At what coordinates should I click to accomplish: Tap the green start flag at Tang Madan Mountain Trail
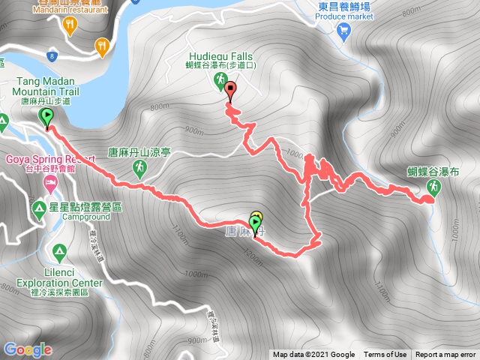pyautogui.click(x=47, y=117)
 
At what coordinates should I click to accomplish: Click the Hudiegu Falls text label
pyautogui.click(x=220, y=55)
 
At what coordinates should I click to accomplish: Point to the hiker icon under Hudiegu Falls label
pyautogui.click(x=220, y=79)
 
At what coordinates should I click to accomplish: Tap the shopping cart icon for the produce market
pyautogui.click(x=344, y=31)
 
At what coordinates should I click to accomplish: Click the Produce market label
pyautogui.click(x=344, y=16)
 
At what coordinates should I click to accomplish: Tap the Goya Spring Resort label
pyautogui.click(x=49, y=159)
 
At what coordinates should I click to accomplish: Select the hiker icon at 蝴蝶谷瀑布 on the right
pyautogui.click(x=433, y=187)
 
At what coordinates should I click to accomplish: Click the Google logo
pyautogui.click(x=28, y=349)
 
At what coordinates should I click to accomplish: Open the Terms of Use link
pyautogui.click(x=385, y=355)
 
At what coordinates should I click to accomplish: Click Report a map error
pyautogui.click(x=446, y=355)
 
